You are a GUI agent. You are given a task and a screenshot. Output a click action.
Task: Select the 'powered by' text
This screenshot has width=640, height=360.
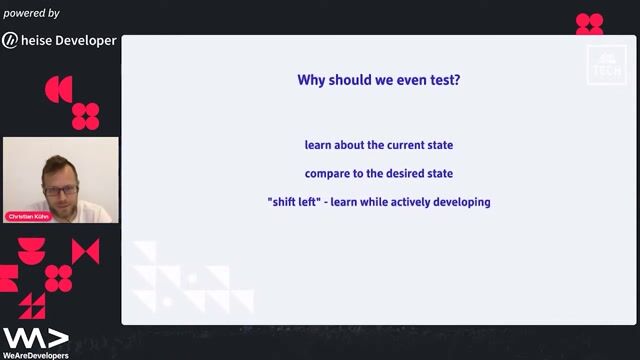(x=31, y=14)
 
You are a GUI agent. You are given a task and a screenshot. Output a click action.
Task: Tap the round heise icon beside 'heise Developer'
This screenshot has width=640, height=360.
(x=10, y=41)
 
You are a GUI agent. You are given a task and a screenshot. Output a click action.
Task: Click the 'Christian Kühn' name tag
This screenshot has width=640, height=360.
(x=28, y=216)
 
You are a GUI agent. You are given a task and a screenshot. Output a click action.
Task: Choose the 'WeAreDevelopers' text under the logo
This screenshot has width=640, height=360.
(x=35, y=355)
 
